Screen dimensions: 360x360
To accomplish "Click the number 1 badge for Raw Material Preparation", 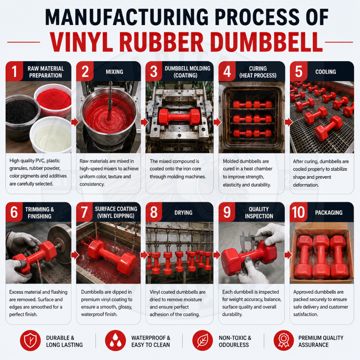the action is [x=14, y=71].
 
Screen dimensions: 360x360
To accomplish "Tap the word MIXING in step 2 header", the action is [x=114, y=72].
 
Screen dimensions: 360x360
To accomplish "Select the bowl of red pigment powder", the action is [x=54, y=100].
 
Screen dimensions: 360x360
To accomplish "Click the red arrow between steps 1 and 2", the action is [x=75, y=122].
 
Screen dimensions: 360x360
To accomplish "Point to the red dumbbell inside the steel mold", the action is [x=179, y=117].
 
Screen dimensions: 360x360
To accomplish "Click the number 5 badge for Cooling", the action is [x=298, y=71].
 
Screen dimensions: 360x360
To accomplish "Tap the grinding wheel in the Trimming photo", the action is [x=60, y=243].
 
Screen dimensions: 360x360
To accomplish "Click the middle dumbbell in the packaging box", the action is [x=321, y=257].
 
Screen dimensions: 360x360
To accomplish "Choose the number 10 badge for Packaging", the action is [x=298, y=212].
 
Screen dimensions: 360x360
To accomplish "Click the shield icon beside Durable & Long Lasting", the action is [x=30, y=341].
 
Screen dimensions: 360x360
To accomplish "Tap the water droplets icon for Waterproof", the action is [x=116, y=341].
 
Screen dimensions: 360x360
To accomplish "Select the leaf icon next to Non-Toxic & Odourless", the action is [x=202, y=341].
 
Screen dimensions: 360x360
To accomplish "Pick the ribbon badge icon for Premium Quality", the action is [x=284, y=341].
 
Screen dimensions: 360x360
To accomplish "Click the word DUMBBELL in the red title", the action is [x=266, y=42].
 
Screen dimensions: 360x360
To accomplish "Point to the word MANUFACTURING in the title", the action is [x=126, y=17].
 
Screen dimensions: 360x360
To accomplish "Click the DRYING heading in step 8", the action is [x=183, y=213].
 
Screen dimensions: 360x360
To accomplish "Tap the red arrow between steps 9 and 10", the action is [x=288, y=255].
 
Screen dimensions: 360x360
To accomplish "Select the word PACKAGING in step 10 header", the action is [x=329, y=213].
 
